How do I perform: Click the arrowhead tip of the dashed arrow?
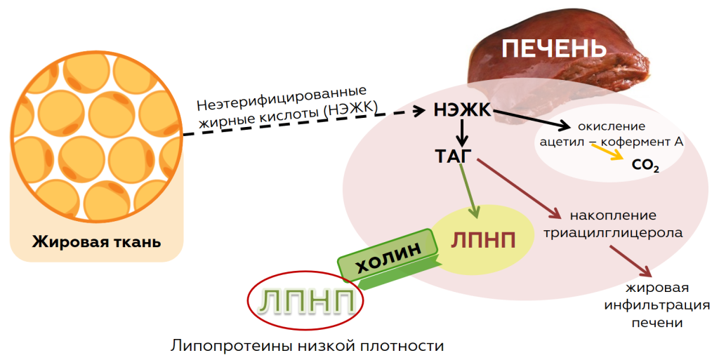click(x=426, y=110)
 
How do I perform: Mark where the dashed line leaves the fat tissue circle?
click(x=183, y=135)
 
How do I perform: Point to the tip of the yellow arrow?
click(x=624, y=159)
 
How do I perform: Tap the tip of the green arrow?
click(x=475, y=218)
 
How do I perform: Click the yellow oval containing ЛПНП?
click(x=483, y=240)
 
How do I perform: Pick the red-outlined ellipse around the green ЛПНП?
click(x=305, y=301)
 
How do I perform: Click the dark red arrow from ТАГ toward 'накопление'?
click(x=519, y=189)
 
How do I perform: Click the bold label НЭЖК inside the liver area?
click(x=462, y=110)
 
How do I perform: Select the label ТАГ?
click(x=453, y=156)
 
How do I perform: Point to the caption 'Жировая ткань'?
click(x=96, y=241)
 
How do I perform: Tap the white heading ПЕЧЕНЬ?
click(x=554, y=48)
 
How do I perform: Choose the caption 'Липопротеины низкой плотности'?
click(x=308, y=345)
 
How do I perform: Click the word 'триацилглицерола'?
click(x=612, y=233)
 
